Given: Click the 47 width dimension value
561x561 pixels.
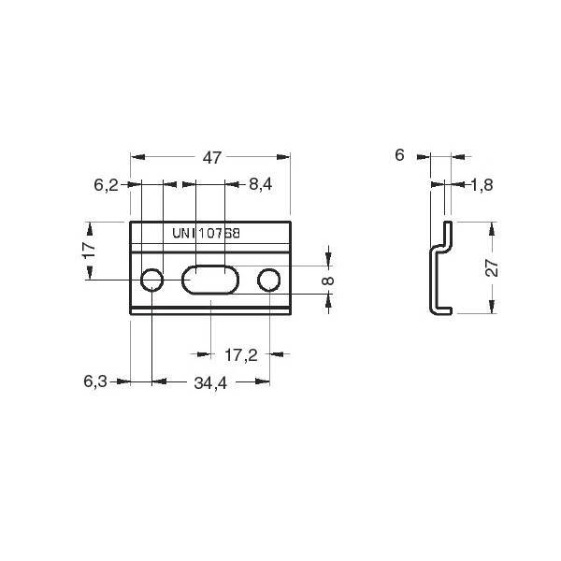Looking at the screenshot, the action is point(212,157).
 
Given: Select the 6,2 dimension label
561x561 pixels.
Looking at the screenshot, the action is point(106,185).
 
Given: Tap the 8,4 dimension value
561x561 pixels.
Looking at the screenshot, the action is point(261,184).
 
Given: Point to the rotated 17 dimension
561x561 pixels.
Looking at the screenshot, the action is point(90,250).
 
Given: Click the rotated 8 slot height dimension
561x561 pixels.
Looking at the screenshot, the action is point(328,280).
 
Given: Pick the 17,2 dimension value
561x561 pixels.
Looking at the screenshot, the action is point(241,355).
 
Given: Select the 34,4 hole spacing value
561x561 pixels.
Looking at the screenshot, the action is point(210,383).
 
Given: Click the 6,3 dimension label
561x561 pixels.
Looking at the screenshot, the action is point(95,381).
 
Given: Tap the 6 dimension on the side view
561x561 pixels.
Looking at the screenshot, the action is point(399,155).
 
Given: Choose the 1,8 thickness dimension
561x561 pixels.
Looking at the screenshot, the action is point(482,185).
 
